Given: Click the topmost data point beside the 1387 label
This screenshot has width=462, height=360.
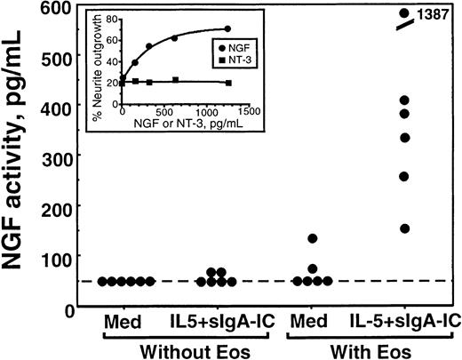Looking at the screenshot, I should tap(404, 13).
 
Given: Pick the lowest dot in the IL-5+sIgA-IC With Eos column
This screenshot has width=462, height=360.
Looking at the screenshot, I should tap(404, 228).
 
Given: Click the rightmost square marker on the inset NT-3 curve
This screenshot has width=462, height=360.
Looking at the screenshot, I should tap(229, 83).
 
